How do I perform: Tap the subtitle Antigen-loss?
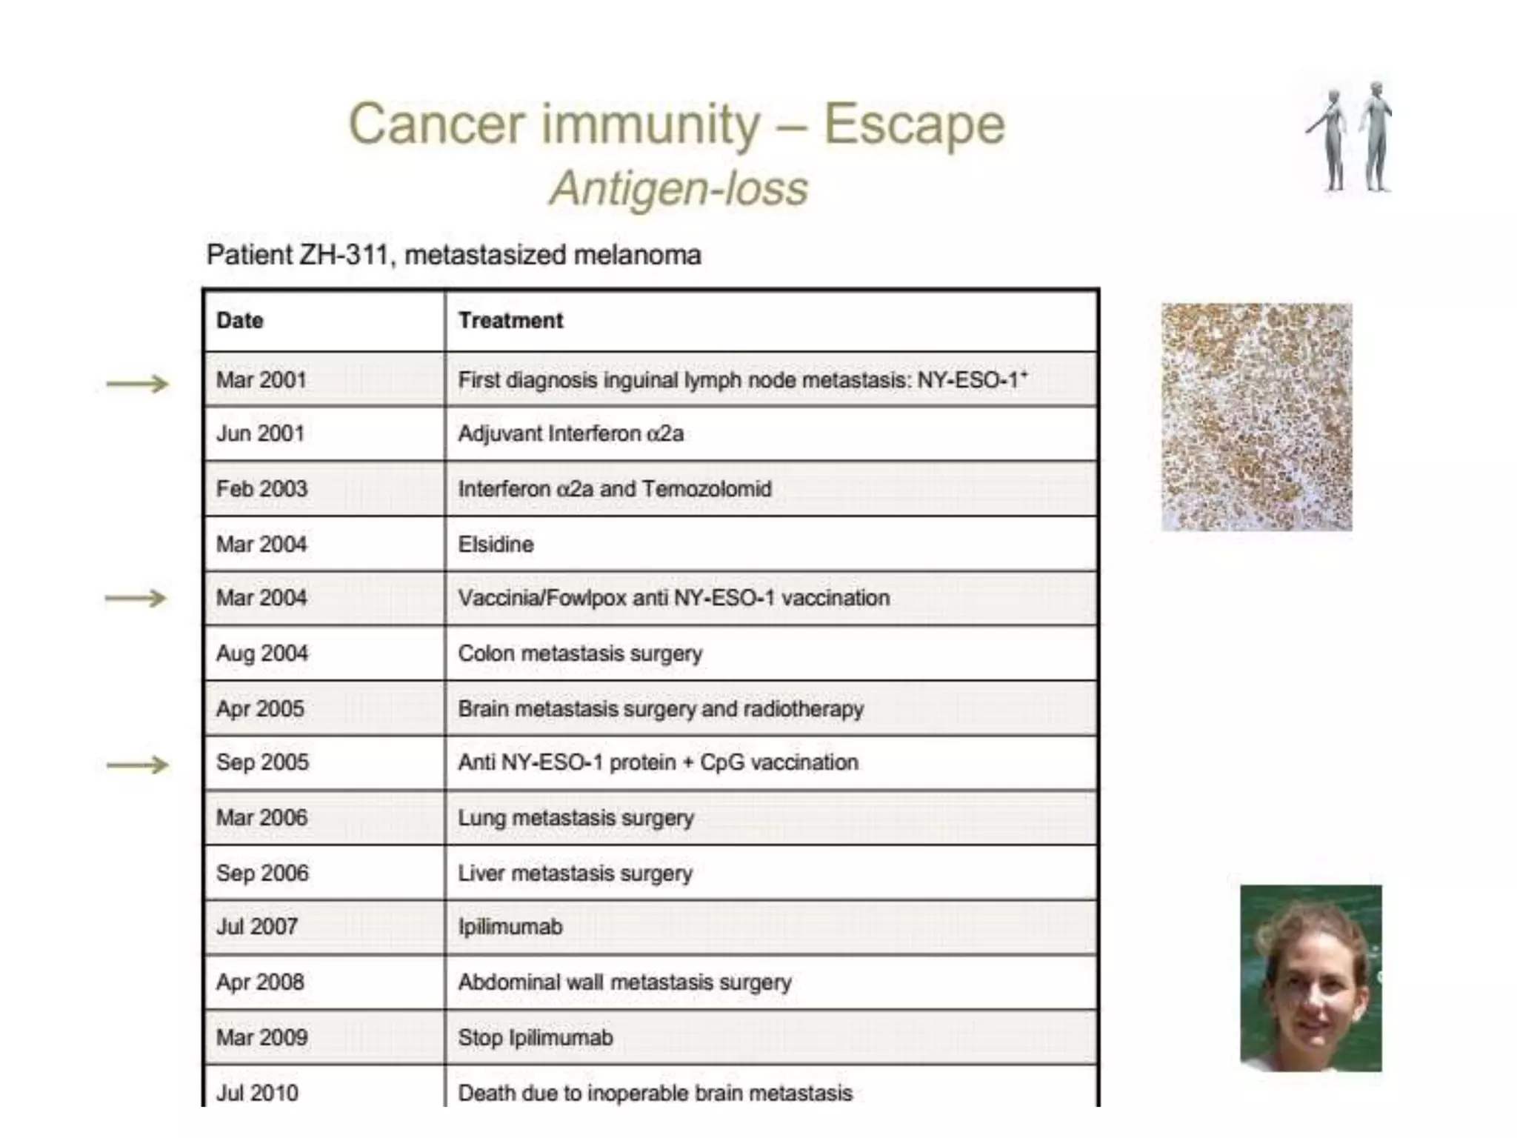(678, 188)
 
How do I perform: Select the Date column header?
(240, 321)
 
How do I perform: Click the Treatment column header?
(510, 321)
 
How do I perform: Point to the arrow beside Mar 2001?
(138, 384)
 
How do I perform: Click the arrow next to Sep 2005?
(138, 765)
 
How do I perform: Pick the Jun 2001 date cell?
(260, 433)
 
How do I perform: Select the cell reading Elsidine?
(496, 545)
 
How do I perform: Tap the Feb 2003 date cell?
(261, 489)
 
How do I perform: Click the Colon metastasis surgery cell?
(580, 653)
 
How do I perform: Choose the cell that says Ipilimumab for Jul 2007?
(510, 927)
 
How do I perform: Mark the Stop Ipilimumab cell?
(536, 1037)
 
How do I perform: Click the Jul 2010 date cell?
(257, 1093)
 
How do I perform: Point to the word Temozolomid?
(707, 489)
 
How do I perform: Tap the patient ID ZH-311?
(344, 255)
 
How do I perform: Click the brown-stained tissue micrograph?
(1256, 416)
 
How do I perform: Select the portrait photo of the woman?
(1310, 978)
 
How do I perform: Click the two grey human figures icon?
(1350, 137)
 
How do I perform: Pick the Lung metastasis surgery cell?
(576, 818)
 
